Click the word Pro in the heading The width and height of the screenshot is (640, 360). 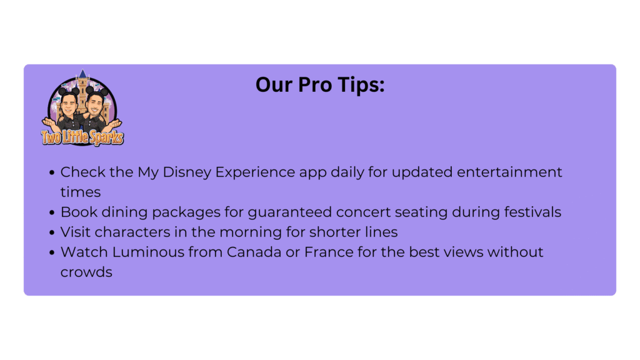click(x=314, y=84)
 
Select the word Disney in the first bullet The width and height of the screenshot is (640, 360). click(x=187, y=172)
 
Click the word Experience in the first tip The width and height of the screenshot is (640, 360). click(x=255, y=173)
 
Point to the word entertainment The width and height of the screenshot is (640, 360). click(x=509, y=172)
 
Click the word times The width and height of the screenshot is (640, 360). click(x=81, y=192)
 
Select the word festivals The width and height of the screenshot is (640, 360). click(x=532, y=212)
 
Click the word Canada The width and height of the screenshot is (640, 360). click(x=254, y=252)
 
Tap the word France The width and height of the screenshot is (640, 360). click(x=329, y=252)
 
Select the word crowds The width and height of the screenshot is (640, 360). click(x=86, y=272)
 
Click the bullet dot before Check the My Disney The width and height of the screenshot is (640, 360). click(x=52, y=172)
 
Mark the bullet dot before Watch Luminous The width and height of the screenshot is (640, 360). click(x=52, y=252)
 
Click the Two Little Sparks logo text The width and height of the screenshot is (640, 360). click(x=82, y=137)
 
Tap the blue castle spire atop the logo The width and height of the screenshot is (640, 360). click(x=83, y=74)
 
